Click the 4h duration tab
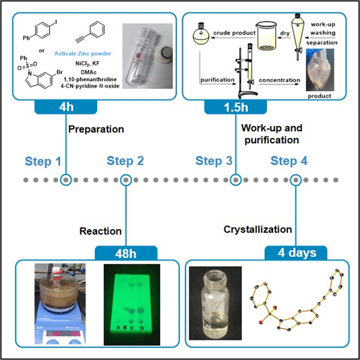[x=66, y=107]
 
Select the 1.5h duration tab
[x=235, y=107]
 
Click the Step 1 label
[x=43, y=161]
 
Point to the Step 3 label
[x=214, y=161]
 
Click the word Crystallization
[x=258, y=229]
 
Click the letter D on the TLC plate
[x=142, y=328]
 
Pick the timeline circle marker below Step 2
[x=126, y=179]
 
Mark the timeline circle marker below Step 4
[x=296, y=179]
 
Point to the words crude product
[x=234, y=33]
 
